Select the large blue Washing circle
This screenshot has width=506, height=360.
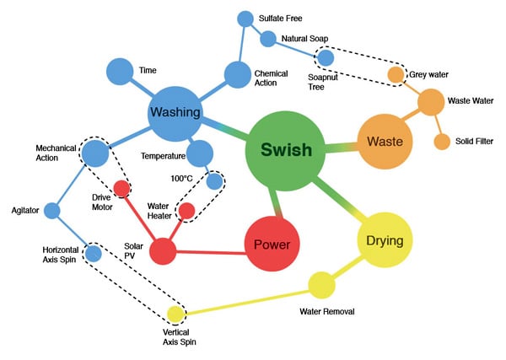point(175,112)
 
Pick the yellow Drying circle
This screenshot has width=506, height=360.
point(385,240)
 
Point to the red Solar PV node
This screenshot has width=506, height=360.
point(163,250)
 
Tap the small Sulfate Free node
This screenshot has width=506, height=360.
point(245,19)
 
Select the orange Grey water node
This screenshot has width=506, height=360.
point(395,75)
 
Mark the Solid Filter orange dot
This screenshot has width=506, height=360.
point(441,141)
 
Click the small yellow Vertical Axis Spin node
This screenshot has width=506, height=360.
point(175,315)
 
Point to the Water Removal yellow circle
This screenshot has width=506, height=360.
point(321,285)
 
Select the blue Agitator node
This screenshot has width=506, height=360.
point(52,211)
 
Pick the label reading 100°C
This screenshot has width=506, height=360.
point(182,178)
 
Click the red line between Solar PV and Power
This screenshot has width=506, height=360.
point(211,249)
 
